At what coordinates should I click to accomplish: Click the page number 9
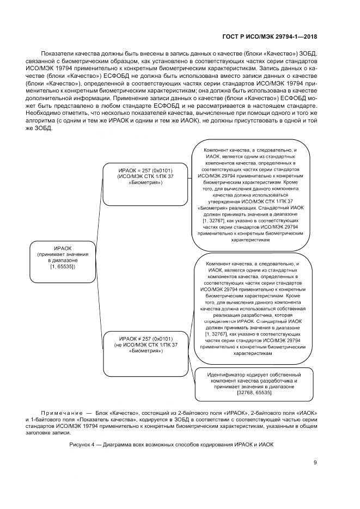click(x=315, y=463)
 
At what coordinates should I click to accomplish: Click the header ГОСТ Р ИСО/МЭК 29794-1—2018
click(x=270, y=36)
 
